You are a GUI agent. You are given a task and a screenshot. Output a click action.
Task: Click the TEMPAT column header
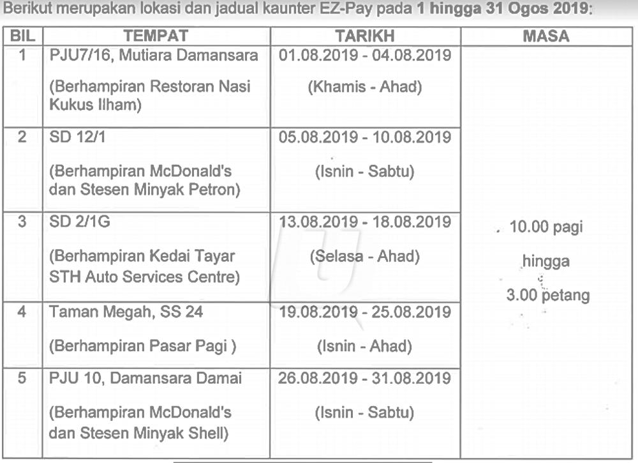point(156,36)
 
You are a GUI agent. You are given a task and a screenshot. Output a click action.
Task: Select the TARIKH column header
point(365,36)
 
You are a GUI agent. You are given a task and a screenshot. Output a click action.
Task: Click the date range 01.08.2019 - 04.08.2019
point(365,55)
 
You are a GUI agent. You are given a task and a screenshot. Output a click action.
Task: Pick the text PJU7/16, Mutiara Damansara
point(154,56)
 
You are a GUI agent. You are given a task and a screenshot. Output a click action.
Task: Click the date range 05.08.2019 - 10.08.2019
point(365,137)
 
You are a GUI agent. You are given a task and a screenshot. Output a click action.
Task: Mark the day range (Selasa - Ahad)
point(365,257)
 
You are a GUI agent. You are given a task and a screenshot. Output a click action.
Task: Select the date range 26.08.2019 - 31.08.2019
point(365,378)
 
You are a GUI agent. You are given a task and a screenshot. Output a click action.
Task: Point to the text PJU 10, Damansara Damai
point(145,378)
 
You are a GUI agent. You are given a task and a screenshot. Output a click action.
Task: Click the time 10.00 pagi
point(546,227)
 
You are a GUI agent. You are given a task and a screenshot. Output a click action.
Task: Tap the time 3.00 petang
point(546,296)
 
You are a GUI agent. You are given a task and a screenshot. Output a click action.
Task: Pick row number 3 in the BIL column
point(22,222)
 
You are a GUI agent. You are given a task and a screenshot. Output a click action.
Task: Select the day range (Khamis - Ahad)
point(365,87)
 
